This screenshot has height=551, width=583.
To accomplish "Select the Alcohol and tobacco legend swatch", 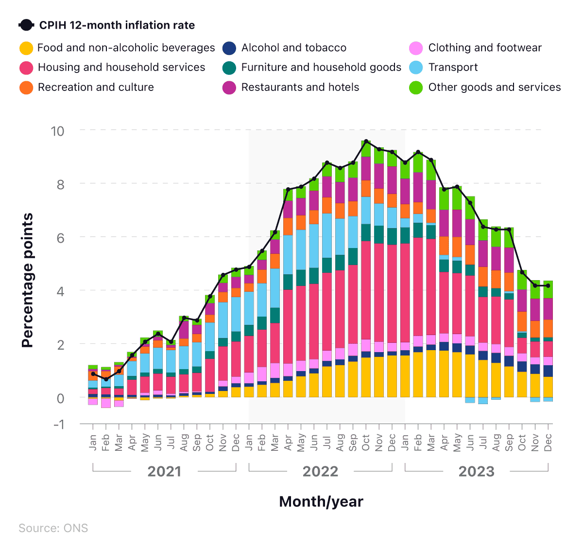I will click(229, 48).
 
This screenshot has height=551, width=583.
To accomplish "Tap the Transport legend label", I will click(453, 67).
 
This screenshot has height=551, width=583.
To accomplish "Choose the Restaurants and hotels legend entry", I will click(300, 87).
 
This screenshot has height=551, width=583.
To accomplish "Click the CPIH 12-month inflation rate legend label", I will click(117, 25).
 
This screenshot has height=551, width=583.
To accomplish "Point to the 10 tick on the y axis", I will click(57, 131).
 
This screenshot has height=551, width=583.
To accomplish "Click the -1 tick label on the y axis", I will click(58, 424).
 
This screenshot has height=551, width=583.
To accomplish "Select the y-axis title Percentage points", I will click(28, 280).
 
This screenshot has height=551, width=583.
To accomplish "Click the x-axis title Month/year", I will click(321, 501).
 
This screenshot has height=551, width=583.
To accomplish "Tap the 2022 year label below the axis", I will click(320, 471).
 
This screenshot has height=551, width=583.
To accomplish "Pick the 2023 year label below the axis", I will click(476, 471).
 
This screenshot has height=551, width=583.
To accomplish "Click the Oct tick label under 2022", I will click(366, 443).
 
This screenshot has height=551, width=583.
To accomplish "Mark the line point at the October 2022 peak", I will click(366, 142).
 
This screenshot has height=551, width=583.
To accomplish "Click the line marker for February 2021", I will click(106, 379).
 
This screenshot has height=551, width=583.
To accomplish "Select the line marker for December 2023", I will click(548, 285).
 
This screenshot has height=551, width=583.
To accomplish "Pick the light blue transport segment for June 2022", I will click(314, 246).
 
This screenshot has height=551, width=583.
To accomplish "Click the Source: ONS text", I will click(53, 528).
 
